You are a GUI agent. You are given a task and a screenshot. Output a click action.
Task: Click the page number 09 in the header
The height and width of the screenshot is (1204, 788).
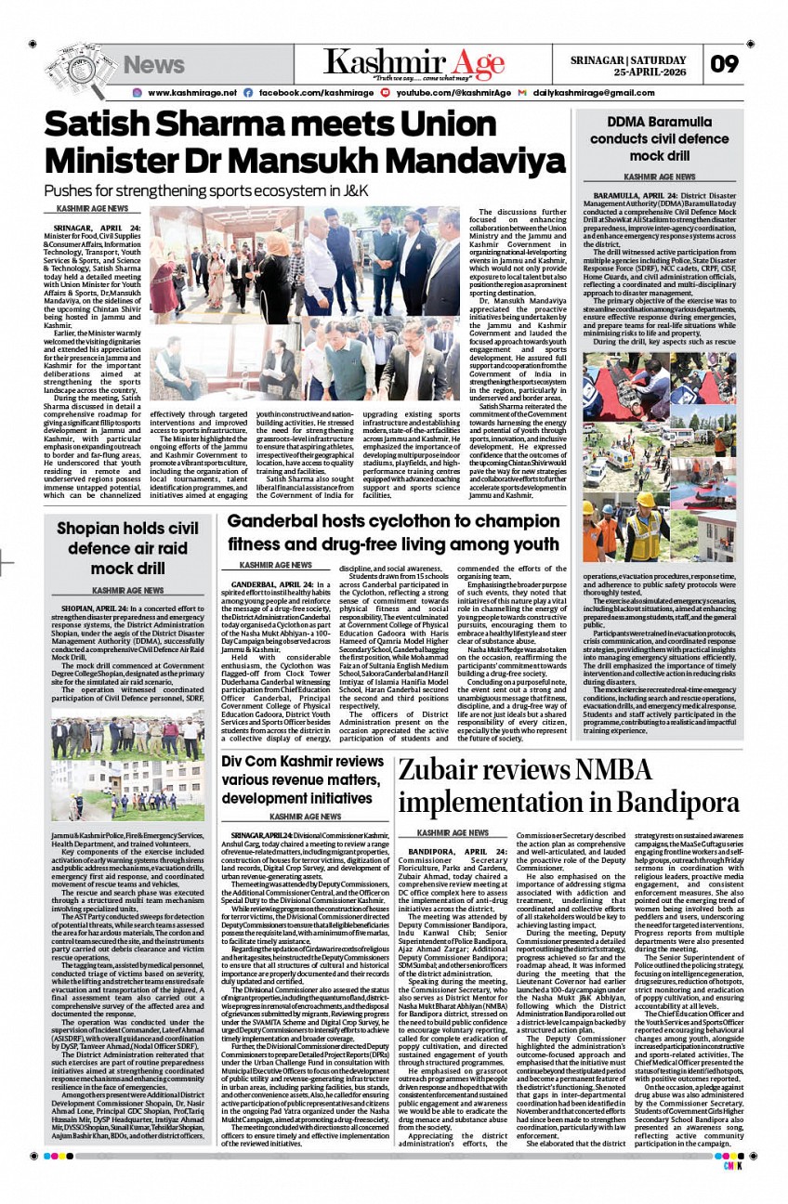coord(725,64)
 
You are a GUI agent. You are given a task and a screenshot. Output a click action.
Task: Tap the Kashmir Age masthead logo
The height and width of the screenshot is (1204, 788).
coord(414,63)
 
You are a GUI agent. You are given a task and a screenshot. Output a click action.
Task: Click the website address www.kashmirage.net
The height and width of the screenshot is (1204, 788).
coord(191,93)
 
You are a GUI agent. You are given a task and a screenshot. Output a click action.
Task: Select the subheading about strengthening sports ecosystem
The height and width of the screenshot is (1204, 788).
coord(206,191)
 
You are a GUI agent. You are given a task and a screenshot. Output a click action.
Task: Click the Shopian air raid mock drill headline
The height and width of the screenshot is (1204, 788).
coord(127,548)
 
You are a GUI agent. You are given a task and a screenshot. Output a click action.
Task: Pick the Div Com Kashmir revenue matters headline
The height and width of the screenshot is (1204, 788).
coord(302,779)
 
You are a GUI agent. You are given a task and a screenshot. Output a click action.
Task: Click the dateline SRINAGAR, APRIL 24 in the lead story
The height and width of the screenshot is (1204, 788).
coord(98,228)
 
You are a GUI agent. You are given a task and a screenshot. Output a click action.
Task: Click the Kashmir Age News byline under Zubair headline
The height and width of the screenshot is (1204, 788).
coord(453,832)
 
